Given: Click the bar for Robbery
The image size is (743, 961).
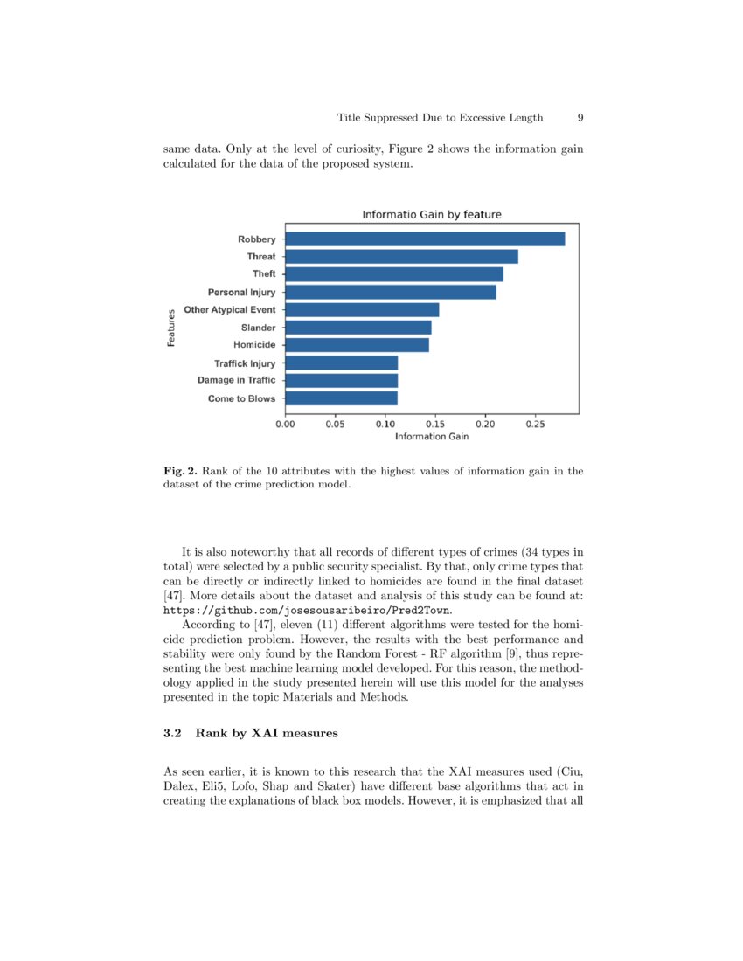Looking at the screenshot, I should (425, 239).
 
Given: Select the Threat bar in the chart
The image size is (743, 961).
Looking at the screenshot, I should (401, 257).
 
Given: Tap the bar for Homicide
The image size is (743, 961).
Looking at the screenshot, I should (357, 345).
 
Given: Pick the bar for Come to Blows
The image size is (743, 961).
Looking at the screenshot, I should (341, 398).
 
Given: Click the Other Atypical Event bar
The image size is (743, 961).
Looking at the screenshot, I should (362, 310).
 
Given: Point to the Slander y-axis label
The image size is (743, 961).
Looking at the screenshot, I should (258, 328).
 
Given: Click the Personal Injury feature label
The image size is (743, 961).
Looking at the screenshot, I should (241, 292).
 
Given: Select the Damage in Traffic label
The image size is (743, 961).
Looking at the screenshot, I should (236, 380).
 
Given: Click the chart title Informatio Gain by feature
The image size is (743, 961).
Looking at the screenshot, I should (432, 214).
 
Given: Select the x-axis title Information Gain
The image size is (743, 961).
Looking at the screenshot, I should (432, 436).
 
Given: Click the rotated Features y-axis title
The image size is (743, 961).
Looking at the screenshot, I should (171, 328).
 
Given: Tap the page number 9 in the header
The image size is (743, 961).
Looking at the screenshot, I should (580, 118).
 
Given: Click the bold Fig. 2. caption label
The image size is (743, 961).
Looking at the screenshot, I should (180, 471).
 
